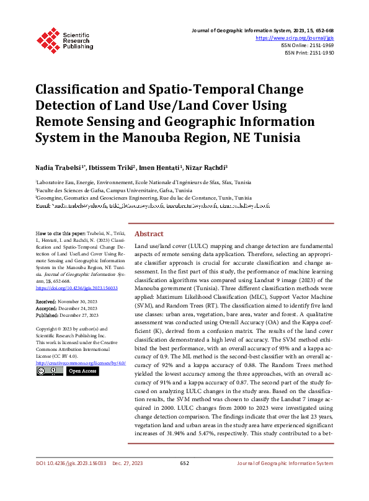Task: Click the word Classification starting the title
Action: click(x=79, y=89)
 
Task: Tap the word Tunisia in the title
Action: click(x=275, y=137)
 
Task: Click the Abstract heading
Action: click(x=149, y=234)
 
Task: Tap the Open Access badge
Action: click(x=82, y=371)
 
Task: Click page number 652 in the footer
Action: click(x=184, y=480)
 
